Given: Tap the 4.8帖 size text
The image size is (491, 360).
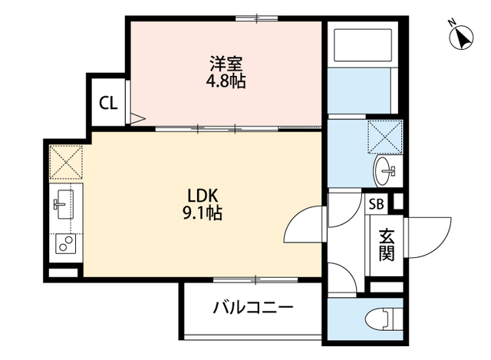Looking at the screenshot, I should (x=226, y=81).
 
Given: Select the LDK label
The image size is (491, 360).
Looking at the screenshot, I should (x=204, y=195).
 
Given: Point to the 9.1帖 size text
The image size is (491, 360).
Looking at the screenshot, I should (x=204, y=213).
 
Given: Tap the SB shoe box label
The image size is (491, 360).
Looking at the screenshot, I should (x=377, y=204).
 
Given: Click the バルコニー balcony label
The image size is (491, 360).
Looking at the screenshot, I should (x=253, y=309).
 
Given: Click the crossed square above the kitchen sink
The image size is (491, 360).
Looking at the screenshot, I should (x=64, y=161).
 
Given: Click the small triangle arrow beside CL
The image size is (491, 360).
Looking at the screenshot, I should (x=137, y=118).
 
